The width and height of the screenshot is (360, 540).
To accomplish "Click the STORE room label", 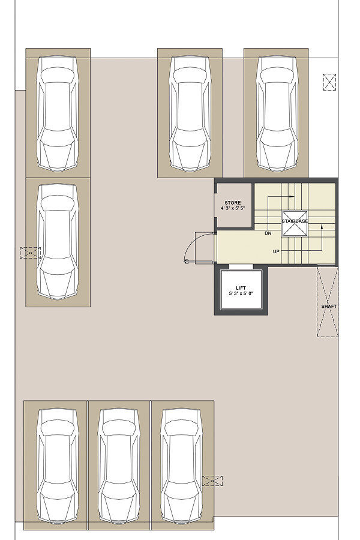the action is [x=233, y=203].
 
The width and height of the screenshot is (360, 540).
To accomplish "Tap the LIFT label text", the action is [x=241, y=288].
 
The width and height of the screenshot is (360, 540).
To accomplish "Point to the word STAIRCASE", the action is [x=295, y=221].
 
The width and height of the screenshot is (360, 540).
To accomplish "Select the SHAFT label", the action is [x=329, y=306].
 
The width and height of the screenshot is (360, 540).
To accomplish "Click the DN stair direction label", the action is [x=268, y=233].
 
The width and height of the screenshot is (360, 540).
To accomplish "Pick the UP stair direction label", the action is [x=276, y=252].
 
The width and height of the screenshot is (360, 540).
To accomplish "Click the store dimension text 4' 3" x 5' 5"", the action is [x=233, y=208].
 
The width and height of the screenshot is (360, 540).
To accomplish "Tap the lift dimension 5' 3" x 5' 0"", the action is [x=241, y=294].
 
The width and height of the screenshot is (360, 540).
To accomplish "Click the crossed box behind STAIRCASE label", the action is [x=295, y=224].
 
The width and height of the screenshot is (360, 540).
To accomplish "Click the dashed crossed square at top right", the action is [x=329, y=82].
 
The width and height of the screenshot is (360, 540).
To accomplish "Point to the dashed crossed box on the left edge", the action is [x=31, y=253].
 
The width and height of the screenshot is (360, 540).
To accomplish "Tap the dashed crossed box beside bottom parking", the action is [x=212, y=481].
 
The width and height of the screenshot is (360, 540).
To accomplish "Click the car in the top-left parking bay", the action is [x=58, y=113].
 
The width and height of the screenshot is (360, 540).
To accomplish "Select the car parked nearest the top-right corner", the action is [x=277, y=113].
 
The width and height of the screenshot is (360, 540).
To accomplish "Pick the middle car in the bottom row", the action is [x=119, y=466].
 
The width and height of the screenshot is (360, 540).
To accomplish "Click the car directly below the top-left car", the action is [x=58, y=241].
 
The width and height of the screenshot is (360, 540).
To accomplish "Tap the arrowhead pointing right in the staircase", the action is [x=292, y=197].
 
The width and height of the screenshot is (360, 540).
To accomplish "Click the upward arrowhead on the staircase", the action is [x=322, y=227].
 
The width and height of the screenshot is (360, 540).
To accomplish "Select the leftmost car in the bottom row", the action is [x=57, y=466].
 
